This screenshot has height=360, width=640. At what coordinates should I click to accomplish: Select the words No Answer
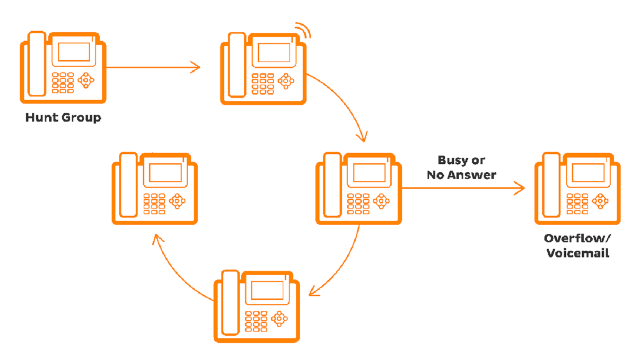click(x=462, y=175)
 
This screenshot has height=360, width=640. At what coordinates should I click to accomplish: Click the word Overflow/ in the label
click(x=577, y=238)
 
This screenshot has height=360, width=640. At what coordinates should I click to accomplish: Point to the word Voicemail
click(x=578, y=253)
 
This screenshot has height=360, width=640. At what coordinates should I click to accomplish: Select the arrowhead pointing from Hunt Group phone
click(x=195, y=67)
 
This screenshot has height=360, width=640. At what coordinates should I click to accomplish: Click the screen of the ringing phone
click(x=274, y=53)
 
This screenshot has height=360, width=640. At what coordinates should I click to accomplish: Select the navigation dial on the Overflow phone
click(x=600, y=201)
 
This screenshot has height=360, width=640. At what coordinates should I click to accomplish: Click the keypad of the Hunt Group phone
click(x=63, y=83)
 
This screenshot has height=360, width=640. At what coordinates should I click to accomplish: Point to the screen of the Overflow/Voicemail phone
click(x=588, y=173)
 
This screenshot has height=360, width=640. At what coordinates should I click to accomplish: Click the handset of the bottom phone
click(x=230, y=303)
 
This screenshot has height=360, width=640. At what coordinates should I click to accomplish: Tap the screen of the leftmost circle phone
click(x=166, y=173)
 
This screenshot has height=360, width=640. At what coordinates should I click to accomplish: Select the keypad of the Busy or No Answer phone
click(x=358, y=203)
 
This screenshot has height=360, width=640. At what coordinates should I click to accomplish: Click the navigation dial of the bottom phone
click(x=279, y=318)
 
